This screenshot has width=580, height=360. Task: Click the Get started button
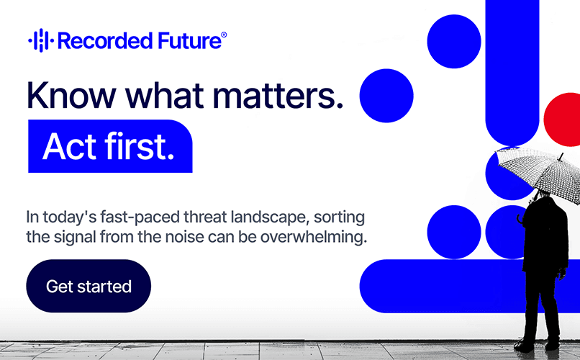tap(89, 286)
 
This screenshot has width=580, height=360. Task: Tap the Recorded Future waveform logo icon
tap(41, 40)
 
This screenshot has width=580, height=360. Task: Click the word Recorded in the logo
tap(105, 41)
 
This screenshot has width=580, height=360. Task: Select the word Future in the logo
tap(189, 41)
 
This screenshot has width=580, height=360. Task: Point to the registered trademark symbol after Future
tap(224, 35)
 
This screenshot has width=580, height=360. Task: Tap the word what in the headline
tap(165, 95)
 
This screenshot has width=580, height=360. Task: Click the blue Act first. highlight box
tap(110, 146)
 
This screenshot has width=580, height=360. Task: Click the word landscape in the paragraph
tap(270, 217)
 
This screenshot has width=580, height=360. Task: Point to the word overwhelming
tap(314, 237)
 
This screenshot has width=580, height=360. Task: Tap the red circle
tap(562, 119)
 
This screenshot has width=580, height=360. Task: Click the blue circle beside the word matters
tap(386, 96)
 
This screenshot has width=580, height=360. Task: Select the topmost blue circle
tap(454, 42)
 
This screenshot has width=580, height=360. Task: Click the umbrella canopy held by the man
tap(539, 172)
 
